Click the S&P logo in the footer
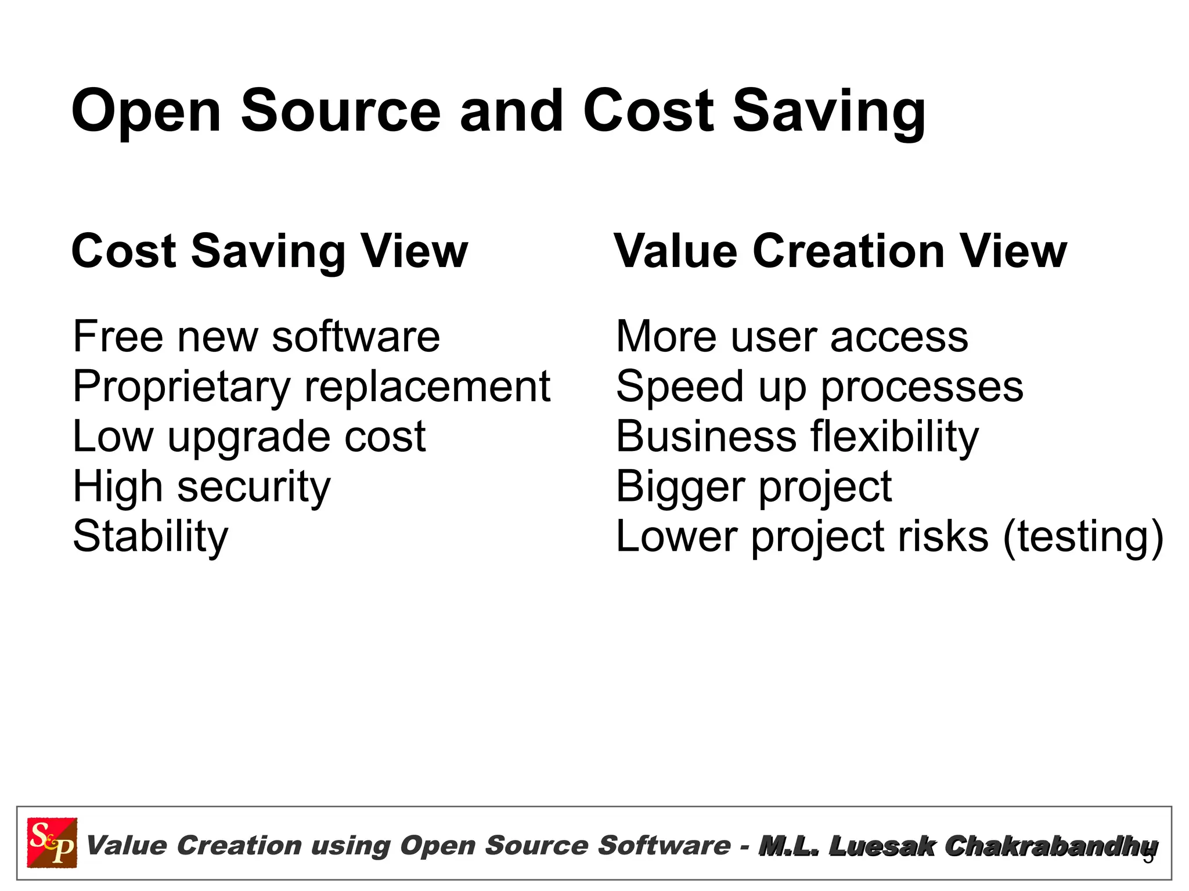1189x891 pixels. (x=52, y=842)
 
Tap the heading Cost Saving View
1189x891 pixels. (x=269, y=251)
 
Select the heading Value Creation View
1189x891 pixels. (x=841, y=251)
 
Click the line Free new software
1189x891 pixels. (x=256, y=337)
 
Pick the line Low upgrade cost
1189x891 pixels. (x=249, y=437)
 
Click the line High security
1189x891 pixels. (x=201, y=486)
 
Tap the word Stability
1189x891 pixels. (x=150, y=537)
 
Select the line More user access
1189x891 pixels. (x=792, y=337)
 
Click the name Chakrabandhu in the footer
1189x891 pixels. (x=1051, y=846)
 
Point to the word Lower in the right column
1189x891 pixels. (x=677, y=536)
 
